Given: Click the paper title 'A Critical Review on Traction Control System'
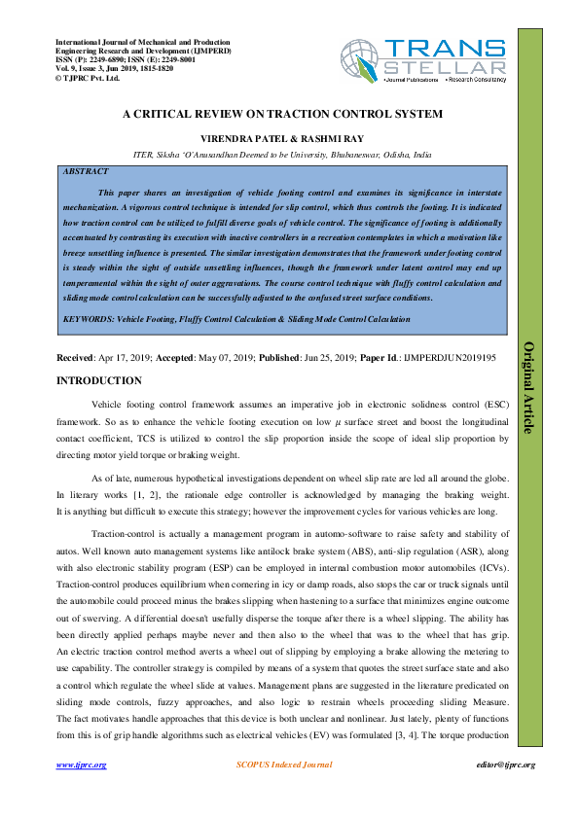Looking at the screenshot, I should pyautogui.click(x=282, y=114).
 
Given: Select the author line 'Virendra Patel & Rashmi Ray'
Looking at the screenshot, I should pyautogui.click(x=282, y=138).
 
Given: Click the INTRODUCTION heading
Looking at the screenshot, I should pyautogui.click(x=99, y=380).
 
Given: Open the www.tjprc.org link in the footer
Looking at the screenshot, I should pyautogui.click(x=82, y=765).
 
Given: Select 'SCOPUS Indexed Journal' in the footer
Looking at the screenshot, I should pyautogui.click(x=283, y=765).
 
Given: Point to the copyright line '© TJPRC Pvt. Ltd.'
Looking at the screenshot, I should pyautogui.click(x=88, y=78).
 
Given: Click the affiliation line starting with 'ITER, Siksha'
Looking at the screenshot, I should pyautogui.click(x=282, y=155).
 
